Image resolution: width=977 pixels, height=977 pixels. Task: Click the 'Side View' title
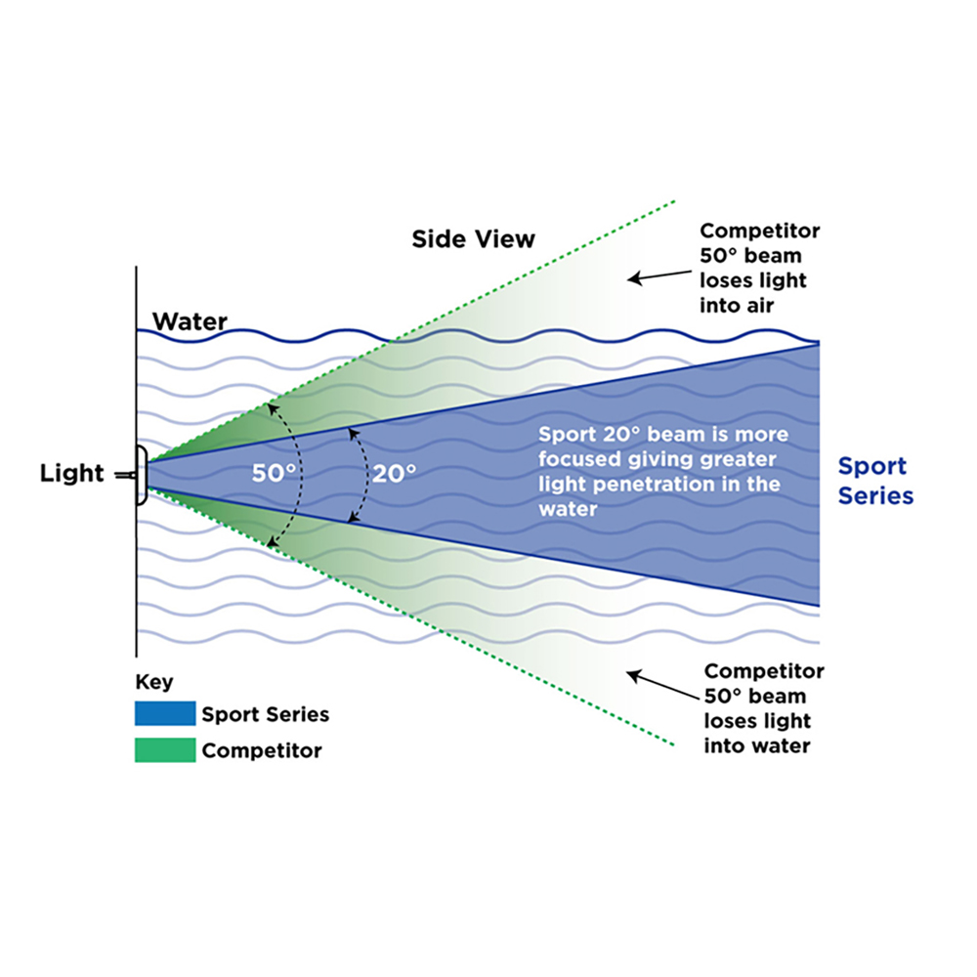pyautogui.click(x=473, y=238)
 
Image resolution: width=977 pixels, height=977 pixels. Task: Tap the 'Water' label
pyautogui.click(x=190, y=321)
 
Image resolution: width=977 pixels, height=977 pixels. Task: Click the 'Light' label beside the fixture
pyautogui.click(x=71, y=474)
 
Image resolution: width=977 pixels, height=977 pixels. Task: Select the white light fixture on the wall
pyautogui.click(x=142, y=475)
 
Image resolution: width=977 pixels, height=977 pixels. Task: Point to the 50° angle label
pyautogui.click(x=274, y=474)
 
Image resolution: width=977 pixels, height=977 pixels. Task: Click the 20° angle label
pyautogui.click(x=394, y=474)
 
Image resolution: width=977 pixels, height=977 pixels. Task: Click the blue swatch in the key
pyautogui.click(x=164, y=714)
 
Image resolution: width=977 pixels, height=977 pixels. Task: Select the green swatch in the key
pyautogui.click(x=164, y=751)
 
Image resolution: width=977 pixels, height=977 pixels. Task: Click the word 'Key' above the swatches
pyautogui.click(x=154, y=683)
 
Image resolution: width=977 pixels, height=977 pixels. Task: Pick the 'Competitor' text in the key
pyautogui.click(x=261, y=751)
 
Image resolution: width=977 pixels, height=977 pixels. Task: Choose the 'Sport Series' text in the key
pyautogui.click(x=265, y=714)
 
